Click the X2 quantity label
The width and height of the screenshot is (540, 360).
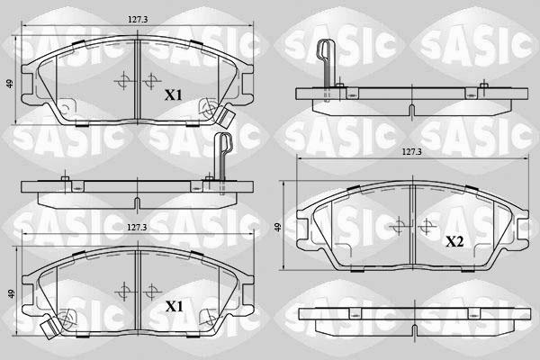click(454, 242)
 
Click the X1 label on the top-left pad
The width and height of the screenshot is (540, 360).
click(173, 94)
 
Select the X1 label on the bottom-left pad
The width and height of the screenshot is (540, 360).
click(173, 307)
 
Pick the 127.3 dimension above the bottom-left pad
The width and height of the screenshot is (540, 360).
click(136, 228)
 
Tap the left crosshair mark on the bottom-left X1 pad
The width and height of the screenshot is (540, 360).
click(122, 291)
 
